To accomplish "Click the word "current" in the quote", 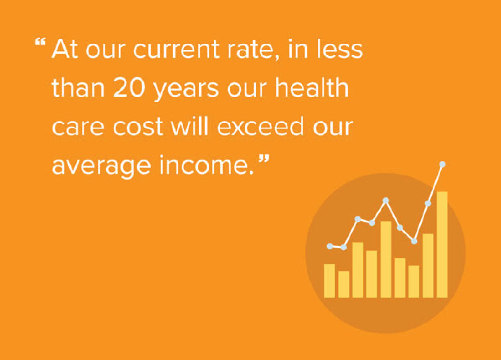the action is pos(176,50).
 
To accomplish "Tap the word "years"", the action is pos(186,90).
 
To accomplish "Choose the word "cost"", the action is pos(138,127).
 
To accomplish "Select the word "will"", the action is pos(189,126).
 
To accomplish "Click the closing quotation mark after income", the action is pos(263,160).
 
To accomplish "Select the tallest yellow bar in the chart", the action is pos(442,245).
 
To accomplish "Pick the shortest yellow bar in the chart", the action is pos(344,284).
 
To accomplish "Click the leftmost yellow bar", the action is pos(330,281).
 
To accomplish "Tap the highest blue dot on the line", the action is pos(442,164).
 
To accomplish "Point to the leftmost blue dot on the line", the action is pos(330,246).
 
